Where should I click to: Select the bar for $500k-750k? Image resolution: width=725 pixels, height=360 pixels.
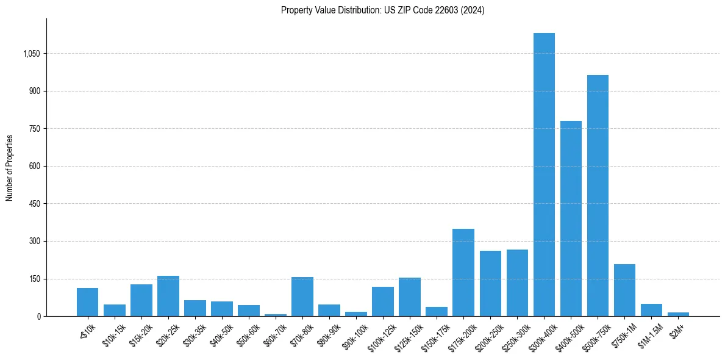598,195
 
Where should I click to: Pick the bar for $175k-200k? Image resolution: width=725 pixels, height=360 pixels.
463,273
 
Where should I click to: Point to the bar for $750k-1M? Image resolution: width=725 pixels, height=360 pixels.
624,290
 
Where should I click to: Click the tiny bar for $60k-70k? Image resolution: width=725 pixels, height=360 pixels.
276,315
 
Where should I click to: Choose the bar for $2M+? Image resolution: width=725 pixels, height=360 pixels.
678,314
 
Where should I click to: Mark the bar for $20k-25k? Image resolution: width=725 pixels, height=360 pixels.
168,296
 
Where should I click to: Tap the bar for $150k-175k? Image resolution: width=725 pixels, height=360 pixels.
437,312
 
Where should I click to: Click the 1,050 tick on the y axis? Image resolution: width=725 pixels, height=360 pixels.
31,54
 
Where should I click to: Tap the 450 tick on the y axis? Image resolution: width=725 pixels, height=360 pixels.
34,204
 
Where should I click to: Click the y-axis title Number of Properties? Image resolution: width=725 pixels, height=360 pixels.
9,168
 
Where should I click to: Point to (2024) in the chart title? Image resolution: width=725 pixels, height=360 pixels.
473,10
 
